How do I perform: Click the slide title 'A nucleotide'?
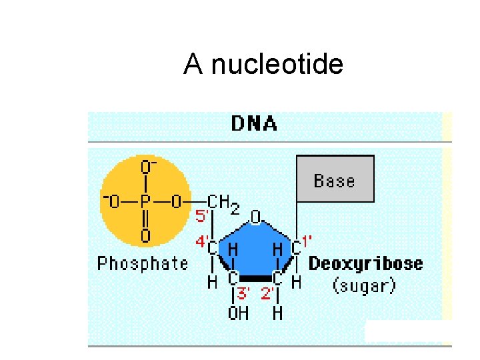pyautogui.click(x=263, y=65)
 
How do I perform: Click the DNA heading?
pyautogui.click(x=254, y=124)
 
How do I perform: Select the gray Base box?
pyautogui.click(x=335, y=179)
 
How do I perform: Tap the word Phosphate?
pyautogui.click(x=143, y=263)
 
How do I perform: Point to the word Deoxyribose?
pyautogui.click(x=365, y=263)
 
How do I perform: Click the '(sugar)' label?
pyautogui.click(x=364, y=286)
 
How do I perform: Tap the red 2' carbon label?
pyautogui.click(x=268, y=293)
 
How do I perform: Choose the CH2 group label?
pyautogui.click(x=223, y=203)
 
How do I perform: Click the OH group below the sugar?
pyautogui.click(x=238, y=313)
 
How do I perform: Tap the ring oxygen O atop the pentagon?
pyautogui.click(x=255, y=217)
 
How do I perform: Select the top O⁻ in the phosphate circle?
pyautogui.click(x=147, y=165)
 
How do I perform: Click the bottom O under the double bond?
pyautogui.click(x=145, y=235)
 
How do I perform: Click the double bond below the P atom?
pyautogui.click(x=145, y=219)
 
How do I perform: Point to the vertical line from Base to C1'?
pyautogui.click(x=297, y=220)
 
